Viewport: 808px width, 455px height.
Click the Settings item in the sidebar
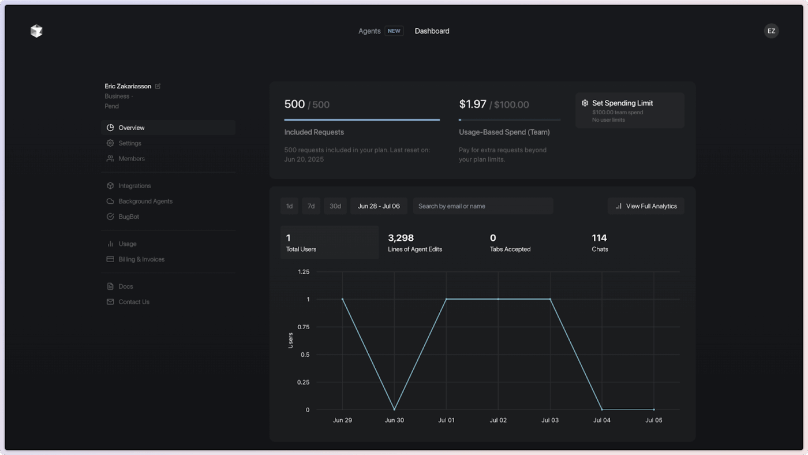click(x=130, y=143)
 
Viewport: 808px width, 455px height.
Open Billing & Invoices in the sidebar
click(x=141, y=259)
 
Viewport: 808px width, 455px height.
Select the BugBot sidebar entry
click(x=129, y=217)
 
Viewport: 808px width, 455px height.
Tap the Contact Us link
click(x=134, y=302)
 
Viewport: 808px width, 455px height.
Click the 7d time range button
click(x=311, y=206)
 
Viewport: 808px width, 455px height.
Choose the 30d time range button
click(x=335, y=206)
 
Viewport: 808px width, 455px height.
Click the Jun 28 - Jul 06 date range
click(x=379, y=206)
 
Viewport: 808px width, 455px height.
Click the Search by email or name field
click(x=482, y=206)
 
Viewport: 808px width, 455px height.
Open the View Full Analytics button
click(x=646, y=206)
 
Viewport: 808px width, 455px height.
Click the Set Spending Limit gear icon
click(x=585, y=103)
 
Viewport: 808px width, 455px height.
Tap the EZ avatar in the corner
click(x=771, y=31)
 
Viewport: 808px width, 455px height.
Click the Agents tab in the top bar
click(x=369, y=31)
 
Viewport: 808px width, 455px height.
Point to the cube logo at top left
click(x=36, y=31)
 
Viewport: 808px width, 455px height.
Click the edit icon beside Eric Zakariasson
click(x=158, y=87)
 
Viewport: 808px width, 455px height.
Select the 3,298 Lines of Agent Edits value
click(x=401, y=238)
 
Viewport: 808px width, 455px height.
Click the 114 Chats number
click(x=599, y=238)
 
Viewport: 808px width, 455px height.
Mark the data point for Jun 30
click(x=394, y=409)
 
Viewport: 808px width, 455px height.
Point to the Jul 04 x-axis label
click(x=602, y=420)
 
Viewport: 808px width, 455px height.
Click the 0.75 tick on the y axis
click(x=303, y=327)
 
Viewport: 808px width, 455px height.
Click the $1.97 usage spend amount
click(x=473, y=105)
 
